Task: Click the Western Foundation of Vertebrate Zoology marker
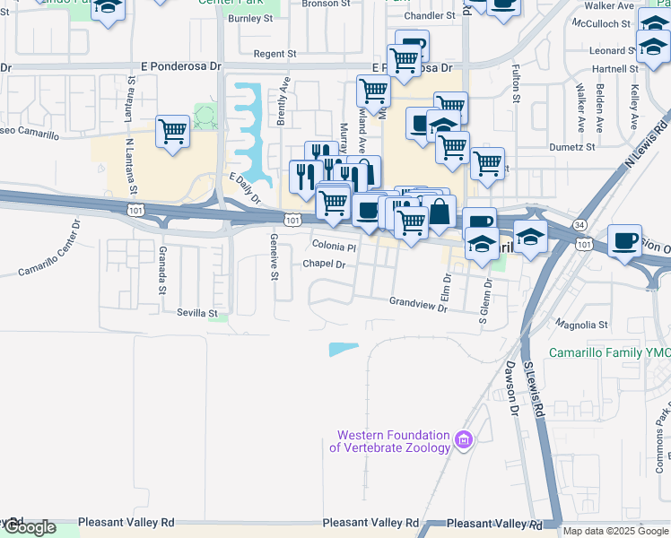(x=463, y=439)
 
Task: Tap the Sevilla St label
(x=198, y=314)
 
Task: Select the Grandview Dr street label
(x=418, y=305)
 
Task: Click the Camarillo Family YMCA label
(x=609, y=353)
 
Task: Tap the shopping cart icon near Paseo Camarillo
(x=173, y=131)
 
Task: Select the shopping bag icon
(x=439, y=213)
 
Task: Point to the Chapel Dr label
(x=324, y=264)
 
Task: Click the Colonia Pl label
(x=334, y=246)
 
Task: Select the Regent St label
(x=274, y=54)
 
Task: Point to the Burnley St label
(x=249, y=18)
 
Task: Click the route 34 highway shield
(x=580, y=225)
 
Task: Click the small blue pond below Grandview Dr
(x=343, y=350)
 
